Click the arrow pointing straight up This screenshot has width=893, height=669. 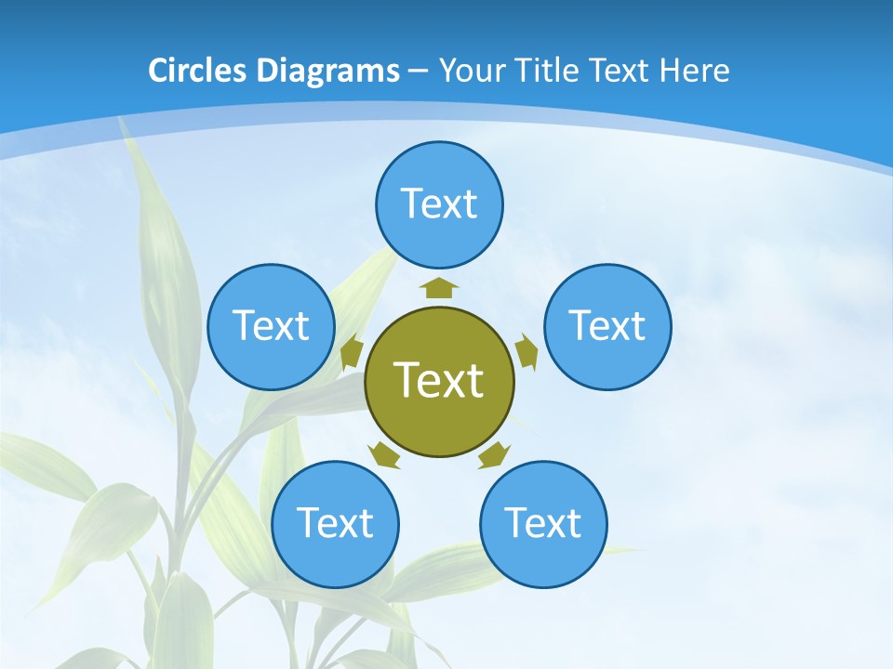[439, 287]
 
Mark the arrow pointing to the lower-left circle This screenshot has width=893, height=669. [384, 454]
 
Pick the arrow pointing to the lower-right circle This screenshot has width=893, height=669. [494, 454]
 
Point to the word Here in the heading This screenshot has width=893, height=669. [695, 71]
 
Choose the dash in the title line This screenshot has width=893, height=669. [418, 71]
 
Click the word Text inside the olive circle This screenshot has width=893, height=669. [438, 380]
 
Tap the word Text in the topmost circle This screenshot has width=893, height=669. [439, 203]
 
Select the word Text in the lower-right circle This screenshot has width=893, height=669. [543, 523]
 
